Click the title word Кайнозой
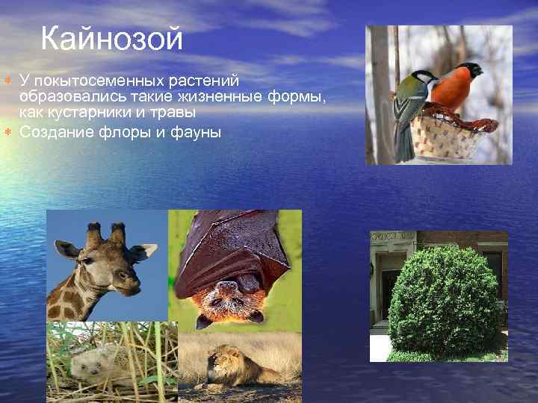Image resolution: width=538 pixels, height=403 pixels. pyautogui.click(x=111, y=39)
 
